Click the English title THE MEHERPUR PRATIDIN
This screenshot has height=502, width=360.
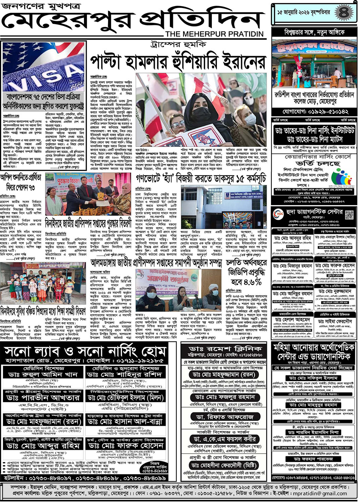[214, 34]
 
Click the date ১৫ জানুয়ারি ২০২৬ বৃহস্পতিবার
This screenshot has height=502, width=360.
[304, 13]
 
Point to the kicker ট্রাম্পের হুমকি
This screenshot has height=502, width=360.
[178, 44]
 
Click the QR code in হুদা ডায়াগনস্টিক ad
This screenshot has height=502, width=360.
[349, 214]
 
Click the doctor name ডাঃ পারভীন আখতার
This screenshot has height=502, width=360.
[43, 398]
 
